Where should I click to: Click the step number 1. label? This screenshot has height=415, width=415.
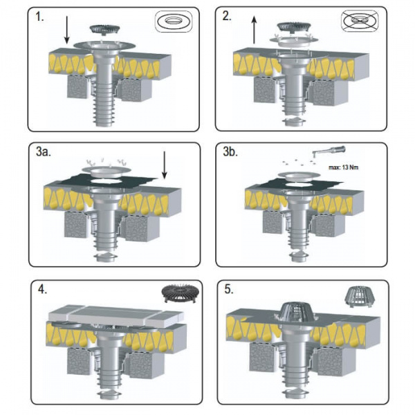click(39, 17)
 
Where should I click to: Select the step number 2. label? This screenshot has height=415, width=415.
click(227, 17)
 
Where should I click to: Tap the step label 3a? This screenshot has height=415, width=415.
click(43, 152)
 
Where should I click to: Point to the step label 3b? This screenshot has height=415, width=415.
click(230, 152)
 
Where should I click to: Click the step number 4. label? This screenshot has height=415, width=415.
click(42, 290)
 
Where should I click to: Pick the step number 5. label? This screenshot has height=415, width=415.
click(229, 290)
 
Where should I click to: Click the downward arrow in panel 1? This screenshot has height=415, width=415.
click(66, 30)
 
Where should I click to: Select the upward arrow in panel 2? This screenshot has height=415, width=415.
click(254, 29)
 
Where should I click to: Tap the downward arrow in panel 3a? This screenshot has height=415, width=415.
click(165, 165)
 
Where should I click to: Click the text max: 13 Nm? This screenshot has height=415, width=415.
click(343, 167)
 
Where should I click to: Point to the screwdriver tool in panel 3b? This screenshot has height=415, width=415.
click(329, 151)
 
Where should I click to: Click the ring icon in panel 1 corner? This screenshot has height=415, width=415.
click(174, 21)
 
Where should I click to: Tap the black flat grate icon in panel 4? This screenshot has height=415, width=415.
click(178, 293)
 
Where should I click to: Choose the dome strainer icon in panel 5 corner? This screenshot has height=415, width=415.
click(356, 298)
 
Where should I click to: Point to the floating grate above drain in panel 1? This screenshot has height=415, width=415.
click(105, 29)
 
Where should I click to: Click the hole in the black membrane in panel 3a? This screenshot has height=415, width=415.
click(107, 181)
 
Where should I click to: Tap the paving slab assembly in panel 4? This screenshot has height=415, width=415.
click(116, 316)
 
